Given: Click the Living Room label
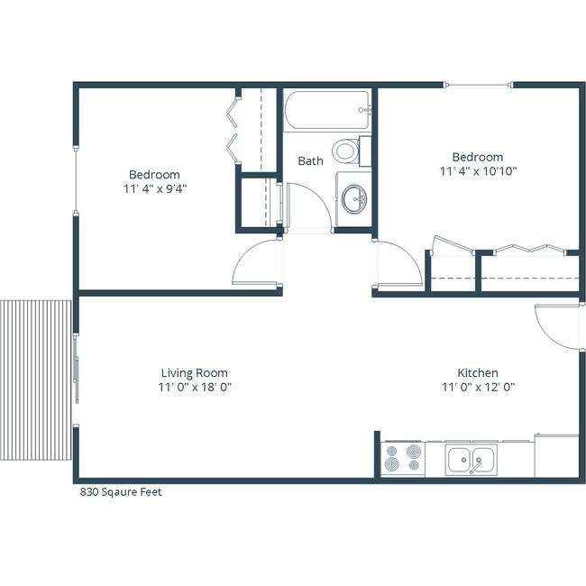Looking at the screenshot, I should click(x=194, y=372).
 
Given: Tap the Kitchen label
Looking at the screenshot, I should click(x=477, y=372).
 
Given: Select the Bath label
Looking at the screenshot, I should click(x=310, y=161).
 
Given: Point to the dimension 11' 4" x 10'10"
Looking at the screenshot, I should click(x=478, y=171).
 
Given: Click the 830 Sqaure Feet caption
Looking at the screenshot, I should click(x=122, y=492).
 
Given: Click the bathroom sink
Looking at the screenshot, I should click(x=353, y=197).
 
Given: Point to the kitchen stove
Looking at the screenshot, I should click(x=402, y=458).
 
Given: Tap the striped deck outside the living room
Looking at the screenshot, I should click(x=36, y=379).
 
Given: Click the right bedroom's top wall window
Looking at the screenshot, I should click(x=479, y=86).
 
